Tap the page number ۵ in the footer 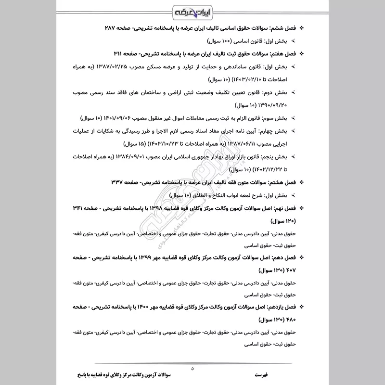pos(192,369)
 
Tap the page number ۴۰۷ pos(298,269)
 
